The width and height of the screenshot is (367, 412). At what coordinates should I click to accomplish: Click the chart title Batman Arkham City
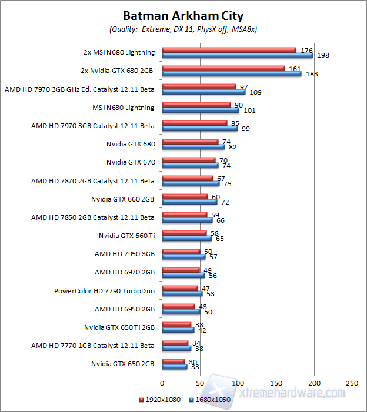pos(183,15)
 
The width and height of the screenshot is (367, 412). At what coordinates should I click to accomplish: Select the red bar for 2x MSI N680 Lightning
pos(229,49)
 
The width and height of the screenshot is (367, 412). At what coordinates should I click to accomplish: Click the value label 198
pos(322,55)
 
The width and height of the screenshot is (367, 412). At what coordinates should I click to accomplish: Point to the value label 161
pos(294,68)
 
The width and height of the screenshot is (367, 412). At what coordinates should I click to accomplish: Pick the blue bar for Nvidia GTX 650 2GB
pos(174,367)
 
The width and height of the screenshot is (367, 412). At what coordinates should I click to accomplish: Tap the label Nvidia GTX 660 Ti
pos(126,236)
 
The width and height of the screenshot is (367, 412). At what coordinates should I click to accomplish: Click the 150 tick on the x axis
pos(276,383)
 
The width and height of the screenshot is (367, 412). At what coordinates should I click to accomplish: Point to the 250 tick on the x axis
pos(352,383)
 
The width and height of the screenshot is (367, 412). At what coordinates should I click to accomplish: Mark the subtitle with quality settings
pos(183,28)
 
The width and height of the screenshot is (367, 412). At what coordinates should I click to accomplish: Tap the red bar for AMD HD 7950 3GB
pos(181,251)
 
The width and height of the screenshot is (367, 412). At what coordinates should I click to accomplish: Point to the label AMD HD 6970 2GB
pos(125,272)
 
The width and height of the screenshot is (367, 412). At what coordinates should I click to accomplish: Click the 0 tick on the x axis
pos(162,383)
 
